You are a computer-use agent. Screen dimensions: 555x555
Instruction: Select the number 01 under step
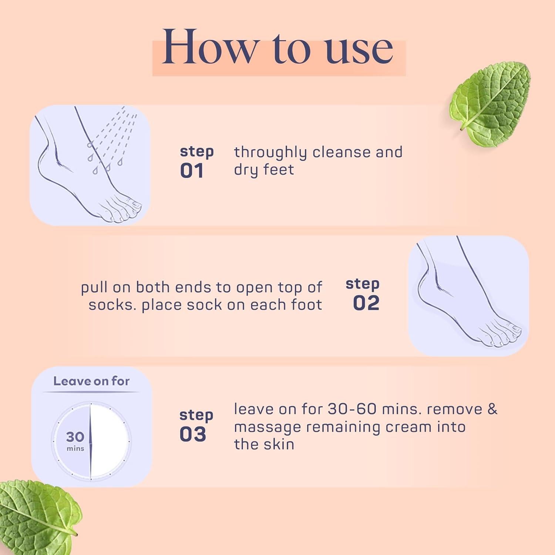pos(192,171)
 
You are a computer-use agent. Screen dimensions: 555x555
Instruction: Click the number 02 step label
pos(366,303)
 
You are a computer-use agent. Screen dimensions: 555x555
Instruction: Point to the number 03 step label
pos(192,434)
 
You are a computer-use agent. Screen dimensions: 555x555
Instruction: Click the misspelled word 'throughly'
pos(270,152)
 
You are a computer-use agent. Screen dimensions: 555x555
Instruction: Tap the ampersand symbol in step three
pos(492,409)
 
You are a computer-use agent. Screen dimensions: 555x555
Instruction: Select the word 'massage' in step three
pos(267,427)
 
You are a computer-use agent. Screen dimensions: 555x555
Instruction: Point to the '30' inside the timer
pos(75,437)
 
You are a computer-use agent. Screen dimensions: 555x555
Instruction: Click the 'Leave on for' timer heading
pos(91,381)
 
